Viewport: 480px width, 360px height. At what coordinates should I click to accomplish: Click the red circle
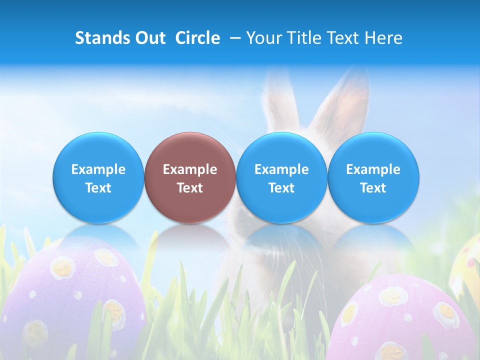pyautogui.click(x=190, y=177)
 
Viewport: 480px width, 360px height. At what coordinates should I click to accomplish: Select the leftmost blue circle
pyautogui.click(x=98, y=177)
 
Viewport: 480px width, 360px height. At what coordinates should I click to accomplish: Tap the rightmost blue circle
pyautogui.click(x=373, y=177)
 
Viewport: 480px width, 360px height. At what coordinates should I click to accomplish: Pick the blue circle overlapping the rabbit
pyautogui.click(x=281, y=177)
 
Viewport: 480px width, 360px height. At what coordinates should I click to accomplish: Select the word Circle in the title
pyautogui.click(x=197, y=38)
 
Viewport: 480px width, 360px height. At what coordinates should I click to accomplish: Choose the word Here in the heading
pyautogui.click(x=383, y=38)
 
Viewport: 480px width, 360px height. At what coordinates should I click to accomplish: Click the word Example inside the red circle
pyautogui.click(x=190, y=169)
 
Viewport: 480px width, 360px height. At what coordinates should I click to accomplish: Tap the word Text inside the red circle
pyautogui.click(x=190, y=188)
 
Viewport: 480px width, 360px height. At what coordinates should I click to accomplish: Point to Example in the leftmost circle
pyautogui.click(x=98, y=169)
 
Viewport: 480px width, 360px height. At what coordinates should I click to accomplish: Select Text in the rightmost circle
pyautogui.click(x=373, y=188)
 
